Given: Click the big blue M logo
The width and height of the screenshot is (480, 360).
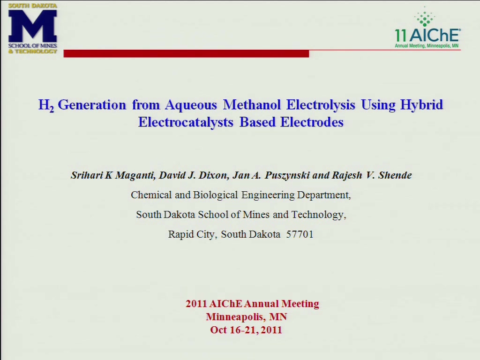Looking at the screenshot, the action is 32,26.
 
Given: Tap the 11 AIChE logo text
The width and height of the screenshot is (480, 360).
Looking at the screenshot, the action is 427,35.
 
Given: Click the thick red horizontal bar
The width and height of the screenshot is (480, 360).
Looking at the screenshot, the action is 186,53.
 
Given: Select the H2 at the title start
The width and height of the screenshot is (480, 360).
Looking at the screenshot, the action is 46,105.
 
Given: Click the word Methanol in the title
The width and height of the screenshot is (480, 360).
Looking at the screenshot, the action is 252,105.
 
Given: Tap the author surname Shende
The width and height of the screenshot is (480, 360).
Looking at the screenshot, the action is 395,175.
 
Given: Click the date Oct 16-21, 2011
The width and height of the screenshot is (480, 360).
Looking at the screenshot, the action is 246,330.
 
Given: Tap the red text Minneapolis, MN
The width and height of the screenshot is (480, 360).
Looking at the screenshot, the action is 247,316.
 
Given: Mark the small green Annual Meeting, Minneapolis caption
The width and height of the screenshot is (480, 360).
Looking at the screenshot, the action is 427,46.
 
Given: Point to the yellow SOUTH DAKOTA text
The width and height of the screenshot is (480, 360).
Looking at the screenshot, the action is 33,6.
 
